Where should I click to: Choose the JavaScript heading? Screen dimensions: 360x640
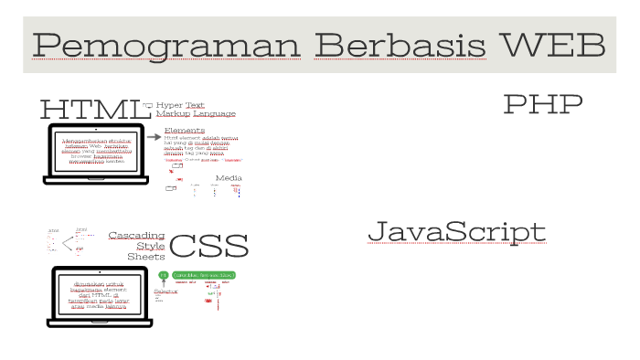[456, 232]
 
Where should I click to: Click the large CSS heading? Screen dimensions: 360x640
[208, 246]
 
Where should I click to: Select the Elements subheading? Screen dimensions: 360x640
[185, 131]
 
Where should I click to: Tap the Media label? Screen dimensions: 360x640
[228, 177]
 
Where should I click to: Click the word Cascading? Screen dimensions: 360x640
[136, 235]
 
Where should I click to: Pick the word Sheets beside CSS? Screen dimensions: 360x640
[146, 257]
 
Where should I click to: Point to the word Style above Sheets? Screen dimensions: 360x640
[151, 246]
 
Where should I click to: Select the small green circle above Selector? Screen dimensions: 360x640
[163, 275]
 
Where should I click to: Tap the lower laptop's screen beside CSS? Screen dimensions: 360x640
[101, 294]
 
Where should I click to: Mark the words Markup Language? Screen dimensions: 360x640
[195, 114]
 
